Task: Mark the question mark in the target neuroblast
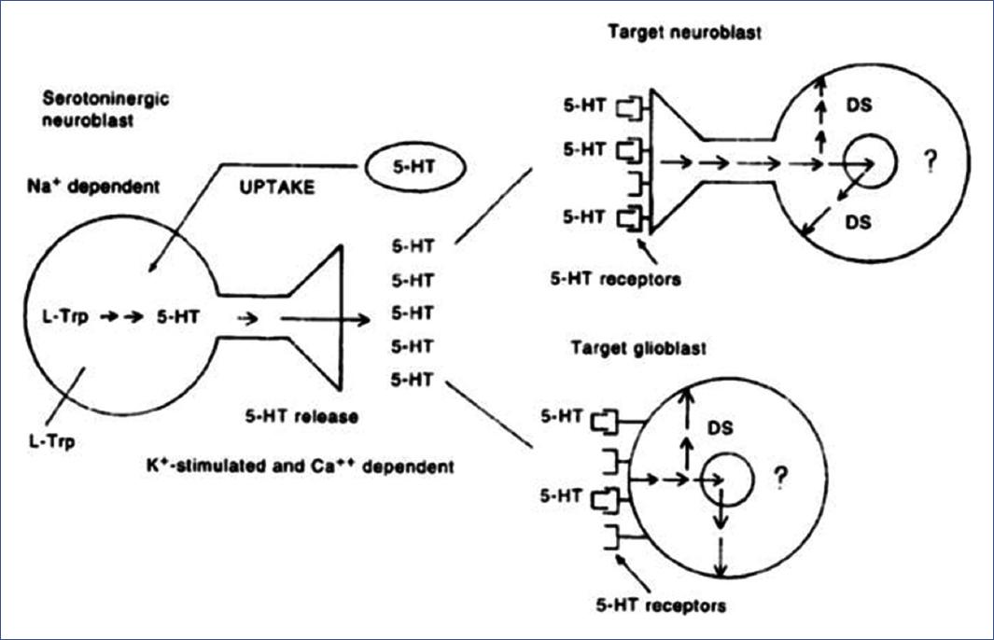[929, 162]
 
